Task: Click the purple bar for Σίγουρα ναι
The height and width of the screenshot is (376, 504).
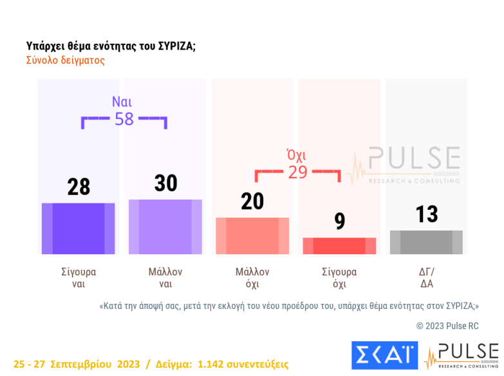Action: coord(79,229)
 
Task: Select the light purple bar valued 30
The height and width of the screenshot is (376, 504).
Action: coord(165,227)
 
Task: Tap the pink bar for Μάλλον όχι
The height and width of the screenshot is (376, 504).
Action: coord(252,236)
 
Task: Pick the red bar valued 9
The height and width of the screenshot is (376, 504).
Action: coord(339,246)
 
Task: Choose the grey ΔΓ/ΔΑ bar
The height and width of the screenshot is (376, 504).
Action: coord(426,242)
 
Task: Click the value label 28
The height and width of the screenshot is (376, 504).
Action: coord(79,187)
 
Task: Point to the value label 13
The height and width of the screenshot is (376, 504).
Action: coord(427,214)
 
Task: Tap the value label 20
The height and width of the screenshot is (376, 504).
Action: coord(252,202)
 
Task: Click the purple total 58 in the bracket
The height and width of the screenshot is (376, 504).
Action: coord(124,119)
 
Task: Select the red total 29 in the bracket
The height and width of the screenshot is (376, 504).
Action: coord(297,173)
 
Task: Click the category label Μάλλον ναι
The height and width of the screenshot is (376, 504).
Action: coord(165,277)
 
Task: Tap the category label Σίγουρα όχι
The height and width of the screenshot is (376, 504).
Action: coord(339,277)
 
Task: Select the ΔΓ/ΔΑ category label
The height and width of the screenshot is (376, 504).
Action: coord(426,277)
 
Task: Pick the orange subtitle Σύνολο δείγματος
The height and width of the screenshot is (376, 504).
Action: coord(65,61)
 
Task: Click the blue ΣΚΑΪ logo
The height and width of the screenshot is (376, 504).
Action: coord(384,355)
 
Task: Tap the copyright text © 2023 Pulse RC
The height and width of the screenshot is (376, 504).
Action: coord(447,326)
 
